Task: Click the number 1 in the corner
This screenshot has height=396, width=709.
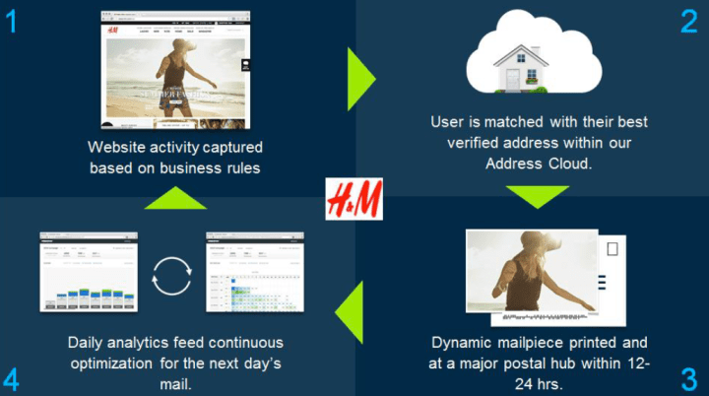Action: coord(11,20)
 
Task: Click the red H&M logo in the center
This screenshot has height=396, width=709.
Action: coord(354,200)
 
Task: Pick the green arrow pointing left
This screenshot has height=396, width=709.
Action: coord(348,315)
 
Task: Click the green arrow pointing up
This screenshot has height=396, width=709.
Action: coord(175,197)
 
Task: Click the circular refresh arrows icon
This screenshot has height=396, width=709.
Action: coord(172,276)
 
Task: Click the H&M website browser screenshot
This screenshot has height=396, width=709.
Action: coord(174,71)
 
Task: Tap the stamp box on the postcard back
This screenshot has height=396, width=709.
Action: coord(613,249)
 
